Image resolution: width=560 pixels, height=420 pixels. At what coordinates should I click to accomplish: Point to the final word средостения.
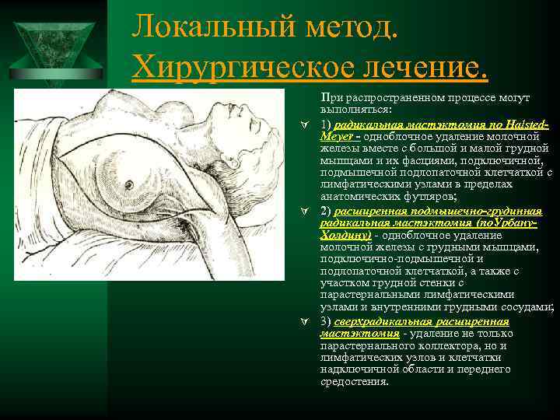tap(355, 382)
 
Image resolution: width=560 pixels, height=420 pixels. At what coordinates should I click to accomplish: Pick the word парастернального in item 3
tap(365, 345)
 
